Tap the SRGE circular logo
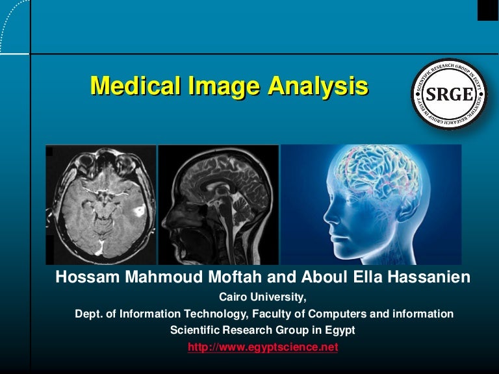pyautogui.click(x=449, y=94)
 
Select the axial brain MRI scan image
pyautogui.click(x=101, y=205)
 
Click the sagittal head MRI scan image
pyautogui.click(x=218, y=205)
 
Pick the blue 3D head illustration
pyautogui.click(x=370, y=205)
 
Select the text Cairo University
pyautogui.click(x=262, y=298)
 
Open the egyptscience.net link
pyautogui.click(x=262, y=347)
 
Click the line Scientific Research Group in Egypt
pyautogui.click(x=262, y=330)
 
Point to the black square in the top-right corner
pyautogui.click(x=488, y=10)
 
